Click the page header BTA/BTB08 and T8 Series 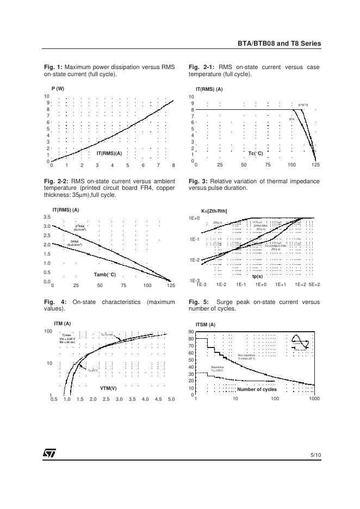pos(279,44)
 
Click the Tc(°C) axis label pos(256,153)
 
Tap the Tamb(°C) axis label pos(104,275)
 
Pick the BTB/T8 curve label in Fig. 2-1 pos(303,104)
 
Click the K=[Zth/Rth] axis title pos(214,210)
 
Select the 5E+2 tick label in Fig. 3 pos(314,284)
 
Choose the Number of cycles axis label pos(257,389)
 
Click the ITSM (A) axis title pos(205,325)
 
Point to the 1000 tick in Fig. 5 pos(314,399)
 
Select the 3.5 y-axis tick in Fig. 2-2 pos(47,218)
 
